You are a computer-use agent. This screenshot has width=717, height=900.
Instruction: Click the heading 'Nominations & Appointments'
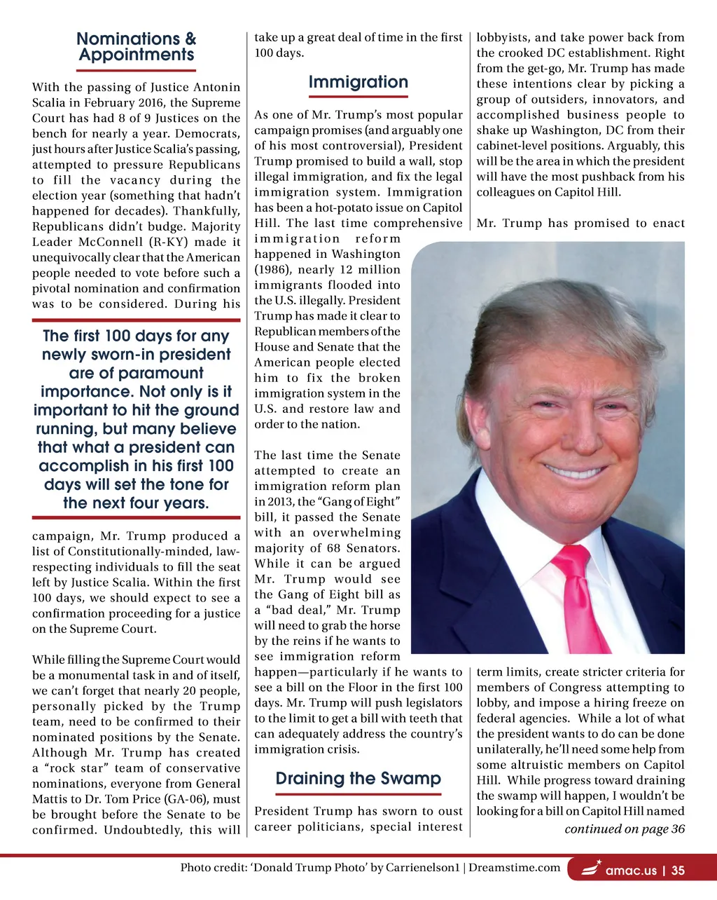[137, 47]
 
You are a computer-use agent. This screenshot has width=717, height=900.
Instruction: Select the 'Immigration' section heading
[358, 82]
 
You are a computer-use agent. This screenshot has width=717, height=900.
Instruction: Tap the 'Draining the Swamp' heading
[358, 779]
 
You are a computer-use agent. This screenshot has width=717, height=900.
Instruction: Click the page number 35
[678, 871]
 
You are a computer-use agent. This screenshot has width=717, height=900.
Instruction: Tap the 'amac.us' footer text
[631, 871]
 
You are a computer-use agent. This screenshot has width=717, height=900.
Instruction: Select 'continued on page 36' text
[625, 829]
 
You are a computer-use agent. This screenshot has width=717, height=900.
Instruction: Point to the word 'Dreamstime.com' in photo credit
[515, 868]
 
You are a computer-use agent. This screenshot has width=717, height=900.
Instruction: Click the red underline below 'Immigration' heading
[358, 97]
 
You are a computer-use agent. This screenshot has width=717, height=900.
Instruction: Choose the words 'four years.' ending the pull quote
[172, 503]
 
